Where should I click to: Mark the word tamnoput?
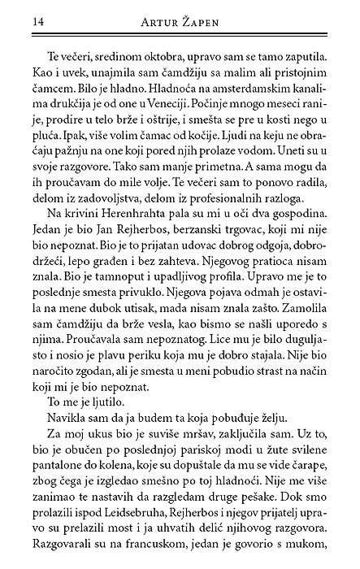91,286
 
